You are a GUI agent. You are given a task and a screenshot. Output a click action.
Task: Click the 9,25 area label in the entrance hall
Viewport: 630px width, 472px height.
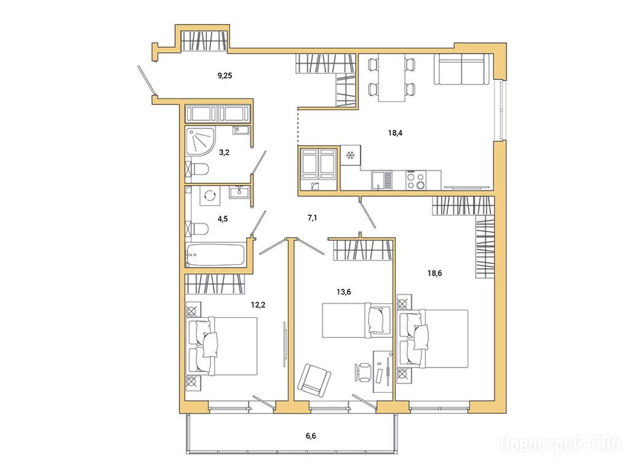pos(225,75)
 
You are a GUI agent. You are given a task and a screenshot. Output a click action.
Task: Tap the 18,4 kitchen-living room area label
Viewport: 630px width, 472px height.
pos(396,133)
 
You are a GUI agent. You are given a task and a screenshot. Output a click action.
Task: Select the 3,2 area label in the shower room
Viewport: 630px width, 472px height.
pos(224,152)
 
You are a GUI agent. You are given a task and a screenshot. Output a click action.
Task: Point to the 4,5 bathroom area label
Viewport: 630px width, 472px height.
pos(223,219)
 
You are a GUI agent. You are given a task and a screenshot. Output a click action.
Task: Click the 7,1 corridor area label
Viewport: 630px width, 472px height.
pos(313,218)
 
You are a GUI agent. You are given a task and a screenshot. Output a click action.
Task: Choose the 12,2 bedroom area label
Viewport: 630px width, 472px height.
pos(258,305)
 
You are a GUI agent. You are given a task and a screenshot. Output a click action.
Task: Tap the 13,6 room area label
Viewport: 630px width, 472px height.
pos(344,292)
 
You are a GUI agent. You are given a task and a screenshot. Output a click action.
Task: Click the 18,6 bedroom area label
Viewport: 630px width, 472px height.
pos(435,273)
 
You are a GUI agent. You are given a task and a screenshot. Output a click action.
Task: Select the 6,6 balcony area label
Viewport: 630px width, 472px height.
pos(311,436)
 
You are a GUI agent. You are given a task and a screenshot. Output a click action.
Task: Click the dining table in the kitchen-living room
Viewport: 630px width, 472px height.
pos(391,78)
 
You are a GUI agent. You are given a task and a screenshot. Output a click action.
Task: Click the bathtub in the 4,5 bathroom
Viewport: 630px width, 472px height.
pos(216,254)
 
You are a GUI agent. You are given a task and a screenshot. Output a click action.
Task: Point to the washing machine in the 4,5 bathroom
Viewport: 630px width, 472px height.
pos(210,196)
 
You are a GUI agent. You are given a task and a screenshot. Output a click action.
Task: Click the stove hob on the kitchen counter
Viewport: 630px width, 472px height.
pos(417,180)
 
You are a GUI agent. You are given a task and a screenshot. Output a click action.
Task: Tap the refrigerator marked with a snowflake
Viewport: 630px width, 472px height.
pos(351,155)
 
